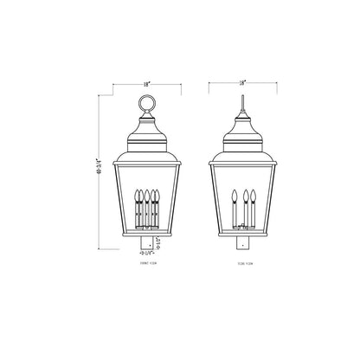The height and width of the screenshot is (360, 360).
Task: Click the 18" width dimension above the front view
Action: point(147,84)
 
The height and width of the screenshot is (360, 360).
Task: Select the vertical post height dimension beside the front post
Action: point(160,241)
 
